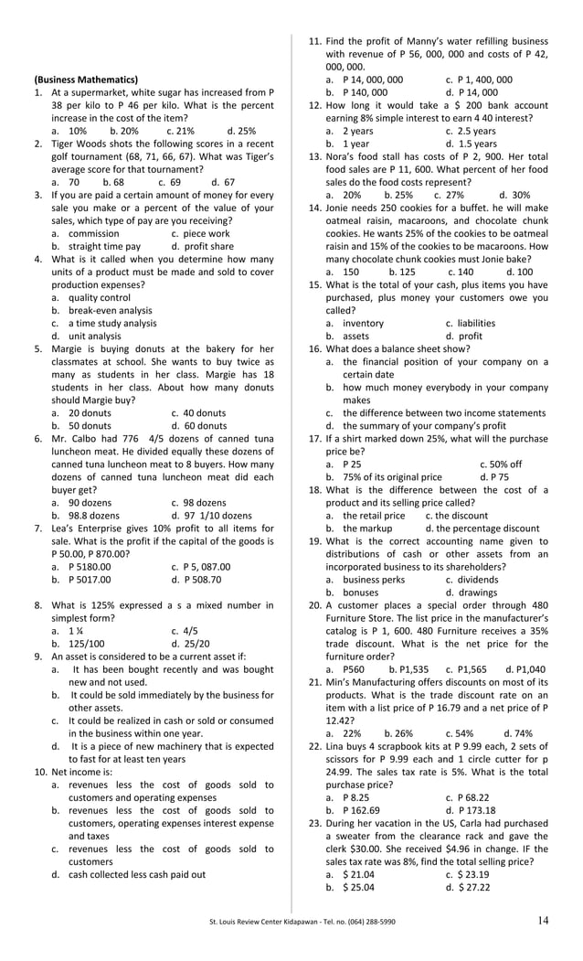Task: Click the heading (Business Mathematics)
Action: point(86,80)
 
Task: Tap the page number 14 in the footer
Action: point(544,921)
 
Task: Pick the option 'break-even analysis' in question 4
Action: point(110,310)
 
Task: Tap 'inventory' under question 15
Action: point(363,323)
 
